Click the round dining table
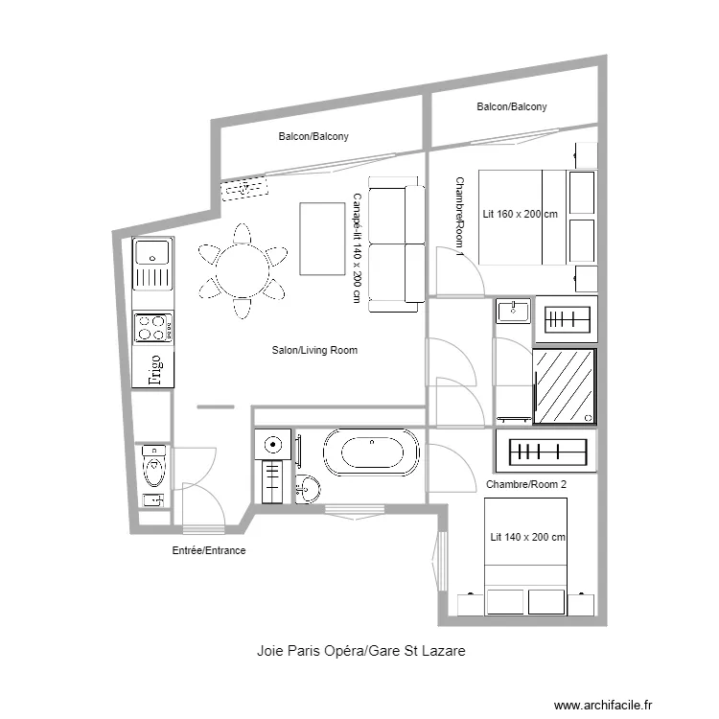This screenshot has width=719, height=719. pos(243,270)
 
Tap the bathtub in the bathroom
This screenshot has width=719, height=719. pos(371,452)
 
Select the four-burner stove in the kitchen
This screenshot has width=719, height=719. pos(153,328)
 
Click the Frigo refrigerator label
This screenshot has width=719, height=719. pos(155,370)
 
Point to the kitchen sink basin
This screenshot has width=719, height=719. pos(152,253)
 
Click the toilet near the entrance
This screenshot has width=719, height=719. pos(154,465)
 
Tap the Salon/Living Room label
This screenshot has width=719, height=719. pos(314,350)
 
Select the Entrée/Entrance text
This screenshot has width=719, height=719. pos(209,550)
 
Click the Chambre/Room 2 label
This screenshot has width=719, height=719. pos(526,484)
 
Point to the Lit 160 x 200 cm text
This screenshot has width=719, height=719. pos(520,214)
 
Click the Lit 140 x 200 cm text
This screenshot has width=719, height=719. pos(528,537)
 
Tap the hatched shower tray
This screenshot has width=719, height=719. pos(565,386)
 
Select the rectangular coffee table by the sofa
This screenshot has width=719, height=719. pos(322,239)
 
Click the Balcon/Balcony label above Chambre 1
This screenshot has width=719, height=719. pos(512,106)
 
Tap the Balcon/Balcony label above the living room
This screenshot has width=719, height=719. pos(313,137)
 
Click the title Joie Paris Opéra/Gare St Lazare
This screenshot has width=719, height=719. pos(361,651)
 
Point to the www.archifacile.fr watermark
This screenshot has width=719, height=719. pos(603,705)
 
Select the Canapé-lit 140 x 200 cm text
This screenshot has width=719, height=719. pos(358,248)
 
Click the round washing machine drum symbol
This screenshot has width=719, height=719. pos(273,444)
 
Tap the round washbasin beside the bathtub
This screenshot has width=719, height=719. pos(308,489)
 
